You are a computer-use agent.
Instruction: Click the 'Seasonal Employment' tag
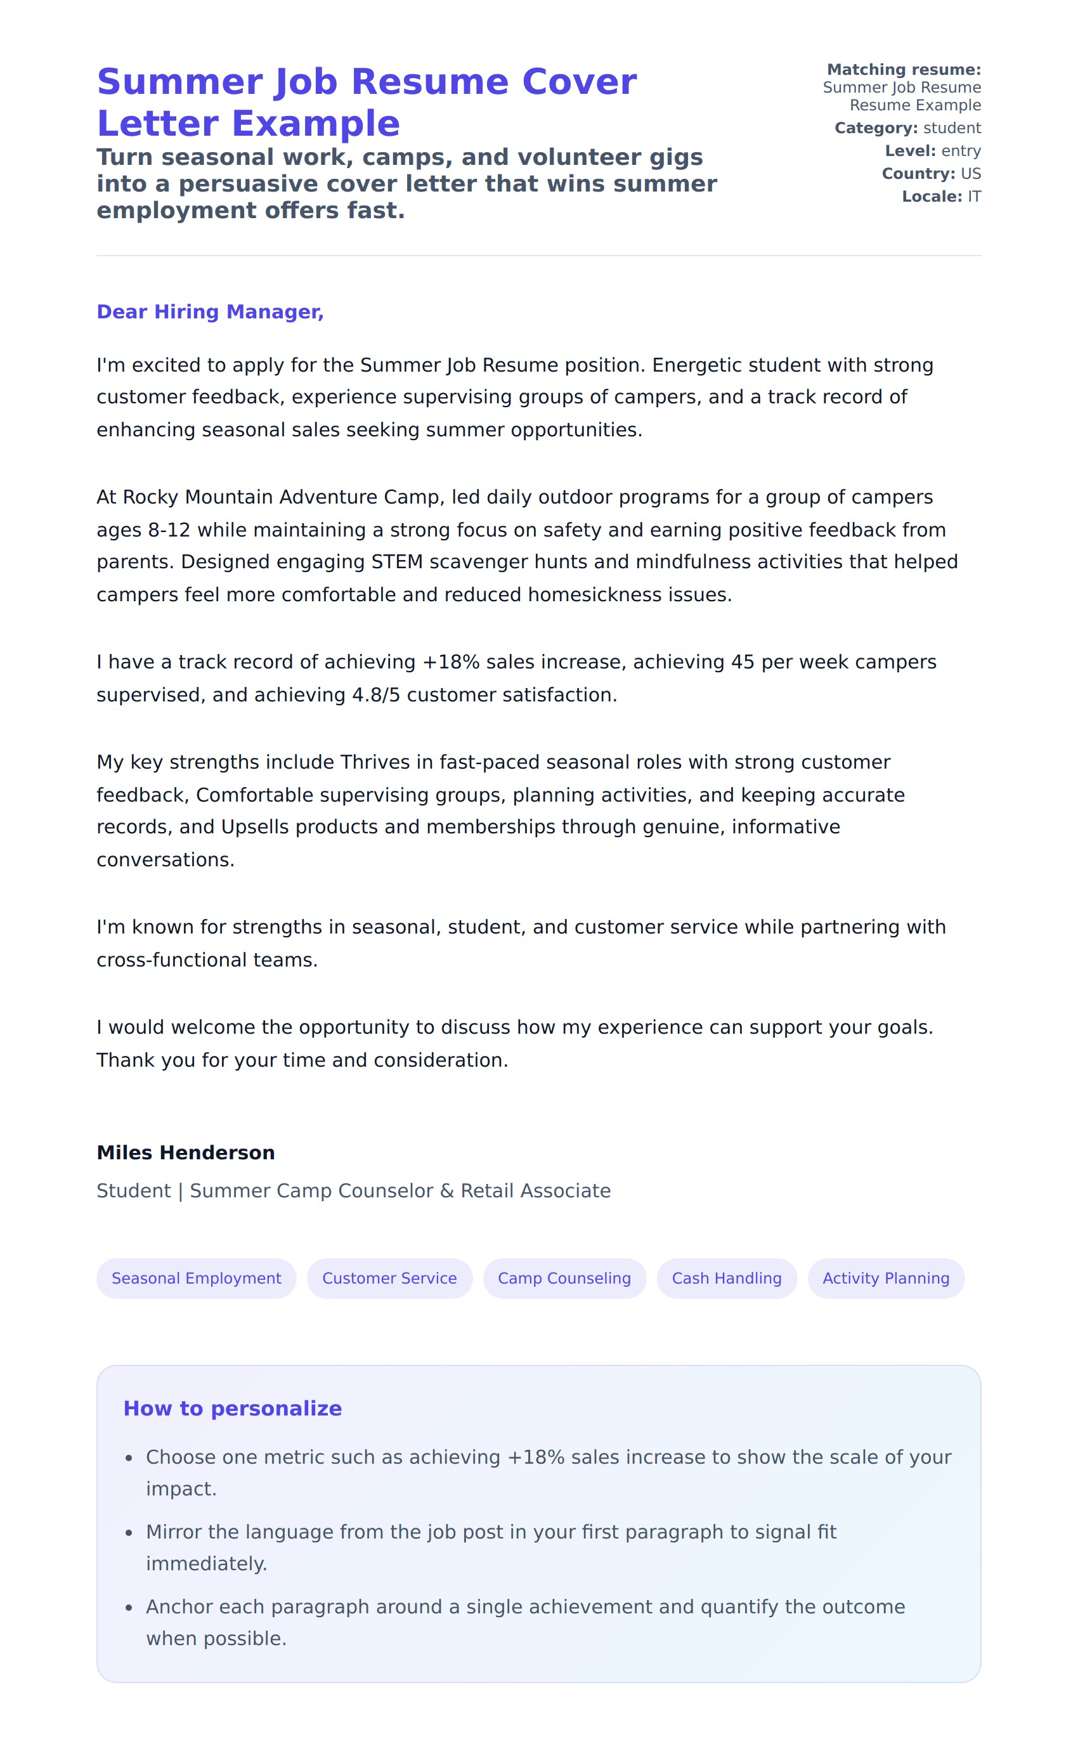click(196, 1279)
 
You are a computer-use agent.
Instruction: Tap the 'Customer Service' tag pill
click(389, 1279)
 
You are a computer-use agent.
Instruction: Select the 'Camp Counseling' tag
click(564, 1279)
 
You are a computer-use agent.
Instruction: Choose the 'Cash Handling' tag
click(727, 1279)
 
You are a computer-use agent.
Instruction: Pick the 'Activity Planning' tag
click(885, 1279)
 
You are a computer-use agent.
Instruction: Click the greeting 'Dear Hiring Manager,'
click(211, 311)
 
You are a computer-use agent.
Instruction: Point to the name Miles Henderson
click(185, 1153)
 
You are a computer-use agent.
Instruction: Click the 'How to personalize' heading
click(233, 1408)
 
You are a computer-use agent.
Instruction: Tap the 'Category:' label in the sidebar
click(876, 128)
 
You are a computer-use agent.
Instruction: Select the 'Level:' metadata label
click(910, 151)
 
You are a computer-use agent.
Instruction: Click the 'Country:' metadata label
click(918, 174)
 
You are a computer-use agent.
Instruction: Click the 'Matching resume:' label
click(904, 70)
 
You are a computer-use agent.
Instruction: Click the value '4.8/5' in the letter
click(376, 695)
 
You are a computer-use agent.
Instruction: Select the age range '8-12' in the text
click(169, 530)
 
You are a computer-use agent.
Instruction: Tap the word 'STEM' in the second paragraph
click(397, 563)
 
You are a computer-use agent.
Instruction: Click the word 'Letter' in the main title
click(157, 124)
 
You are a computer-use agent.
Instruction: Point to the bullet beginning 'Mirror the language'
click(491, 1532)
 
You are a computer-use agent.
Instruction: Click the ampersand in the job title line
click(447, 1192)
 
